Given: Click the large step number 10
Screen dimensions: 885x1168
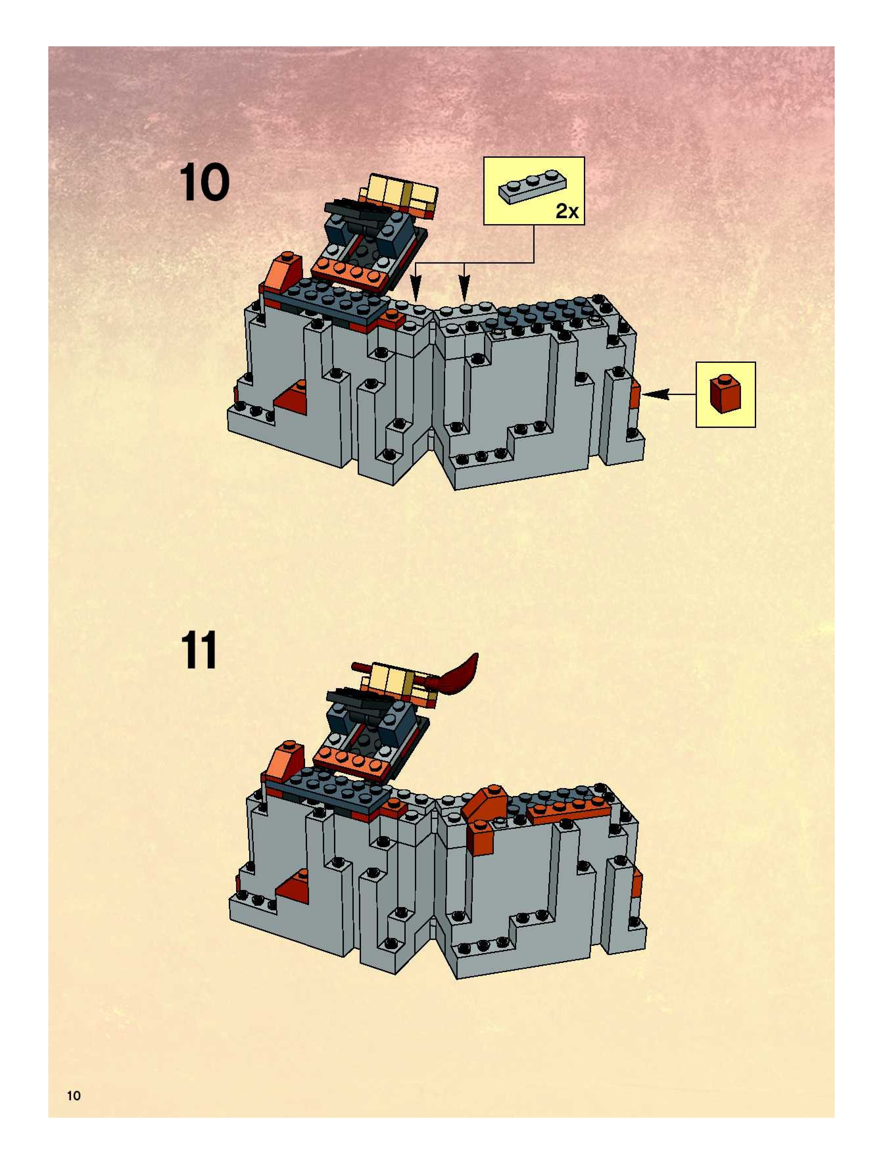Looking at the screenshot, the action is click(x=204, y=183).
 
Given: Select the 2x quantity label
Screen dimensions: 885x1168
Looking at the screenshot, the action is click(x=567, y=212).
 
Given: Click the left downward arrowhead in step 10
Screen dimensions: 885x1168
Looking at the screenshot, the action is click(x=416, y=291).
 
